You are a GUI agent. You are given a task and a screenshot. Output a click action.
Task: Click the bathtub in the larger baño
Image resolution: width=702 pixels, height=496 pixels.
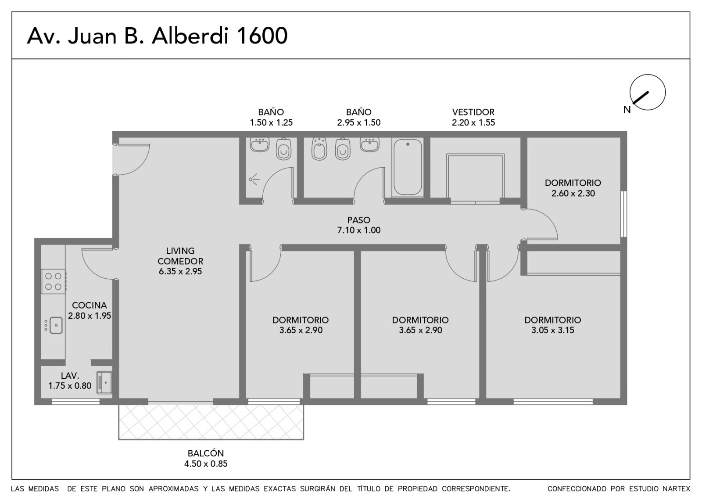pos(408,167)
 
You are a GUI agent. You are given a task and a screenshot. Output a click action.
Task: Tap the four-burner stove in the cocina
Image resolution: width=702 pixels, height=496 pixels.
pos(54,281)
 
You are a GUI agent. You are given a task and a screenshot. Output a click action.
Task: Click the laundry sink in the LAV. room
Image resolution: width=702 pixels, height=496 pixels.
pos(104,382)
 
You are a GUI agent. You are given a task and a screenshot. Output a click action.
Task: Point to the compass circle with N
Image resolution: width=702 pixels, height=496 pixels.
pos(648,92)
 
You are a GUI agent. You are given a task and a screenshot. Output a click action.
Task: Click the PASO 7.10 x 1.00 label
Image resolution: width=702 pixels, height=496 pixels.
pos(359,225)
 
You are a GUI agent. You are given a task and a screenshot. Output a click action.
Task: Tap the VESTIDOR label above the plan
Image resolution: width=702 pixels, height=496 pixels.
pos(473,112)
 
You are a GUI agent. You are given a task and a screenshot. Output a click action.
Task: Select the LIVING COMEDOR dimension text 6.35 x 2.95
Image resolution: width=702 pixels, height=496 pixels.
pos(180,272)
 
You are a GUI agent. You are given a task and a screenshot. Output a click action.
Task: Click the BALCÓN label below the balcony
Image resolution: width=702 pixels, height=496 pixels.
pos(206,453)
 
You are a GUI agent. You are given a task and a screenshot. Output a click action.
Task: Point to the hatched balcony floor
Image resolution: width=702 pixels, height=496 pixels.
pos(211,422)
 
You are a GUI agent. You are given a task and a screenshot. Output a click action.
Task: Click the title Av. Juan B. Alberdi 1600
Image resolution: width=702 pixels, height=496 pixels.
pos(158,36)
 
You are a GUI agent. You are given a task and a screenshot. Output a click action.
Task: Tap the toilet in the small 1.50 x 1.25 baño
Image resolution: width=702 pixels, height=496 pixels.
pos(283,149)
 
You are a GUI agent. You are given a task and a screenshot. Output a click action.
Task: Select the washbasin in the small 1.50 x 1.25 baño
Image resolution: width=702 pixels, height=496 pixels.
pos(259,145)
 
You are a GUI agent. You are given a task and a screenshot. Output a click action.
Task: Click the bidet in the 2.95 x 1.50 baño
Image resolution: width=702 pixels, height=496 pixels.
pos(319,149)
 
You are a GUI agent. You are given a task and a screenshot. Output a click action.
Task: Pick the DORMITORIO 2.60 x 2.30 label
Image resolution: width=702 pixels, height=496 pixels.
pos(573,188)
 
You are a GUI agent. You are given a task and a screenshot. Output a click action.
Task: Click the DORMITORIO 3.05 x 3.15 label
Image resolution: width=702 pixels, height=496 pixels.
pos(553,325)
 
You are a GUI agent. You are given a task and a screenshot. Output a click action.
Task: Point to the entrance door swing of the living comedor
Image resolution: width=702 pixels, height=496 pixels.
pos(131,159)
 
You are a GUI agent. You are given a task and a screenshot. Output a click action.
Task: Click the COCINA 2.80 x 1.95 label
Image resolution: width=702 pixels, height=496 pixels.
pos(90,310)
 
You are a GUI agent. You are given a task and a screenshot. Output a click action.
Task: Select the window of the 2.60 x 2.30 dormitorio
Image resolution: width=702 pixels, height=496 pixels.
pos(623,214)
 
